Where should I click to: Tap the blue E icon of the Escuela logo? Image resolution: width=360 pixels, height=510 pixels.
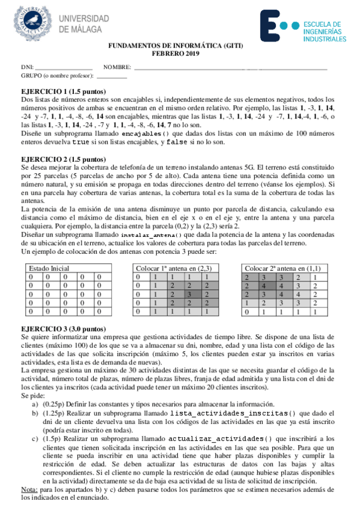click(x=275, y=26)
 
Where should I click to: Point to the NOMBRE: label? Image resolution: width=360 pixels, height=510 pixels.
click(x=117, y=67)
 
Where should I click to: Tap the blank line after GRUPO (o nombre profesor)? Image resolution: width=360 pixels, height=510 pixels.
click(x=112, y=76)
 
